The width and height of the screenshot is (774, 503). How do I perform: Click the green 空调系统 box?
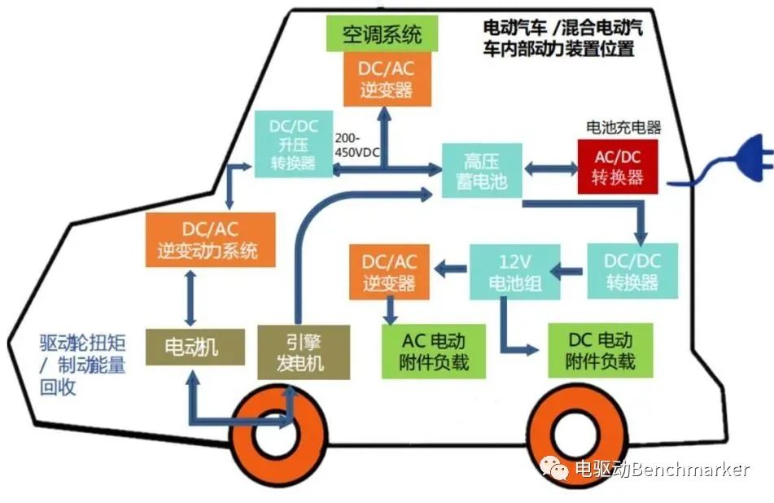point(382,34)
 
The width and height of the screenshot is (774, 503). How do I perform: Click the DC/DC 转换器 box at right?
point(631,272)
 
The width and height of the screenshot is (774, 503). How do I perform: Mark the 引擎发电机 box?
point(304,352)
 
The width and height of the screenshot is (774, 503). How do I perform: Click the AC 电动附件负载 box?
point(435,351)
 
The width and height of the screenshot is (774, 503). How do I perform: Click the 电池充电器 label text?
point(623,128)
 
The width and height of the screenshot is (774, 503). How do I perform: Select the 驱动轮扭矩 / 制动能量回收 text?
point(82,365)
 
